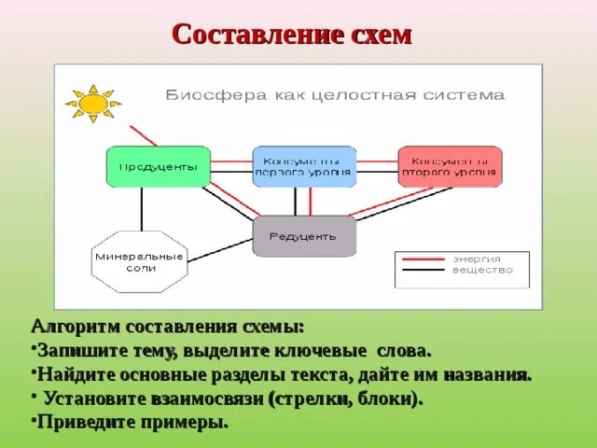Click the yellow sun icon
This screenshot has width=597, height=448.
92,103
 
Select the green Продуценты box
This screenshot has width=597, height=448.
157,166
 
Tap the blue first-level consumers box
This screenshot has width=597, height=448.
304,166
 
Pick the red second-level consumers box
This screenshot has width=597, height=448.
450,166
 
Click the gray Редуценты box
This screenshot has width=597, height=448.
304,236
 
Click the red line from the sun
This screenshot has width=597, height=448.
143,134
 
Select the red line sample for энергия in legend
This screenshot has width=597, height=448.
423,259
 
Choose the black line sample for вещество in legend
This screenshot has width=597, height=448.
423,271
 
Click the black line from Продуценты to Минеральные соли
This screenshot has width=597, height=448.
141,208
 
